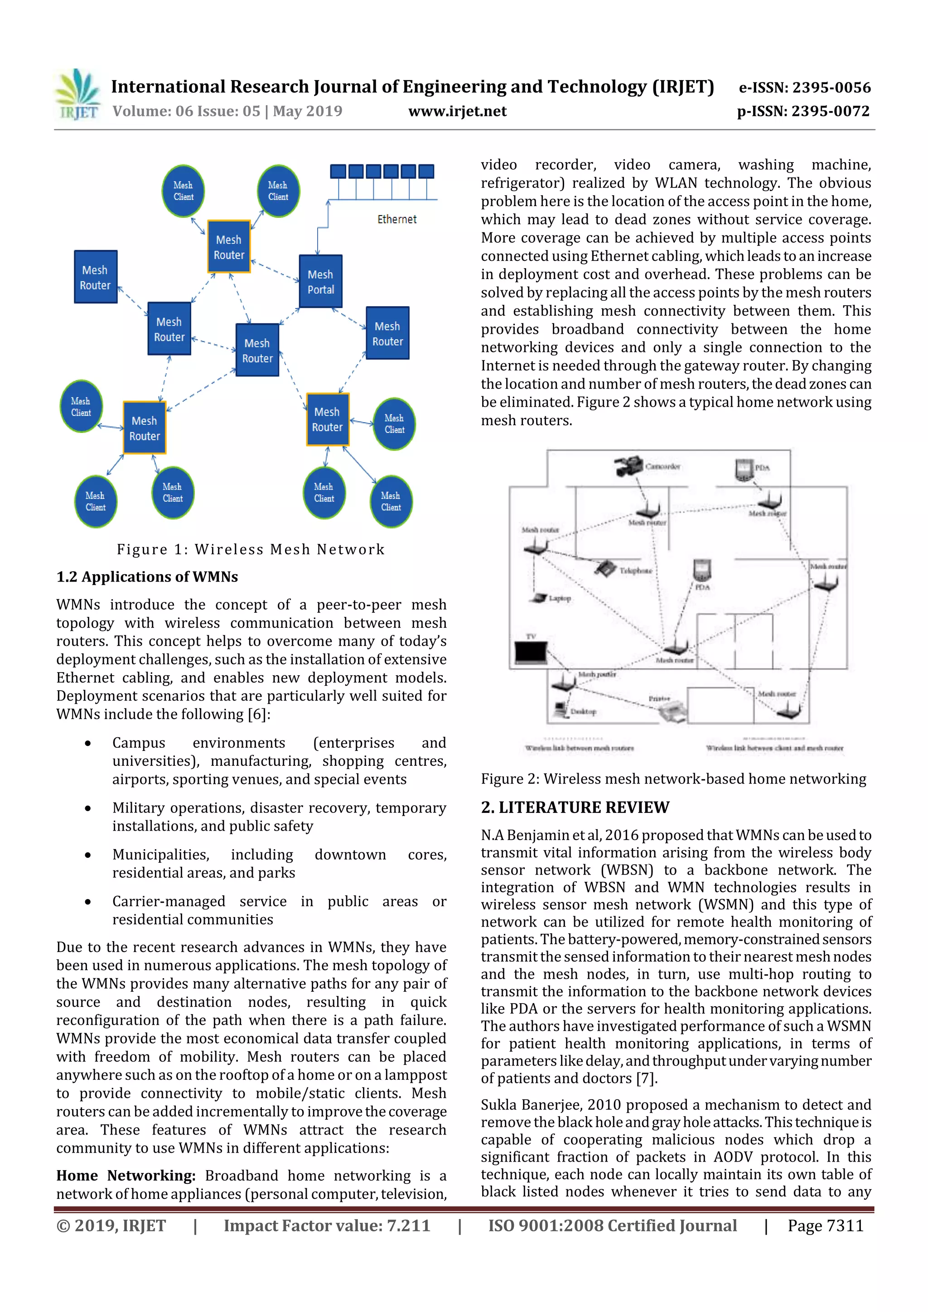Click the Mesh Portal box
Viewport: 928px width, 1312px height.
pyautogui.click(x=320, y=282)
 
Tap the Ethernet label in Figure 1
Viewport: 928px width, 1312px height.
pyautogui.click(x=397, y=220)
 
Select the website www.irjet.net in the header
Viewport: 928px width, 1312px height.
pyautogui.click(x=457, y=111)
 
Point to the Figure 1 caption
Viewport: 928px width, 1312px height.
pyautogui.click(x=251, y=549)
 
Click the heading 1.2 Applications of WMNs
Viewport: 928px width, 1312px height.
pyautogui.click(x=147, y=577)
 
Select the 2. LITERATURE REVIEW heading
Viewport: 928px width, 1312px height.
pyautogui.click(x=575, y=807)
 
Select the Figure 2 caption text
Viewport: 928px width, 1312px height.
pyautogui.click(x=673, y=779)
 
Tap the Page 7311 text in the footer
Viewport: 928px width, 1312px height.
pyautogui.click(x=825, y=1225)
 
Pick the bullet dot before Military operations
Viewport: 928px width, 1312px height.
pyautogui.click(x=87, y=808)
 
